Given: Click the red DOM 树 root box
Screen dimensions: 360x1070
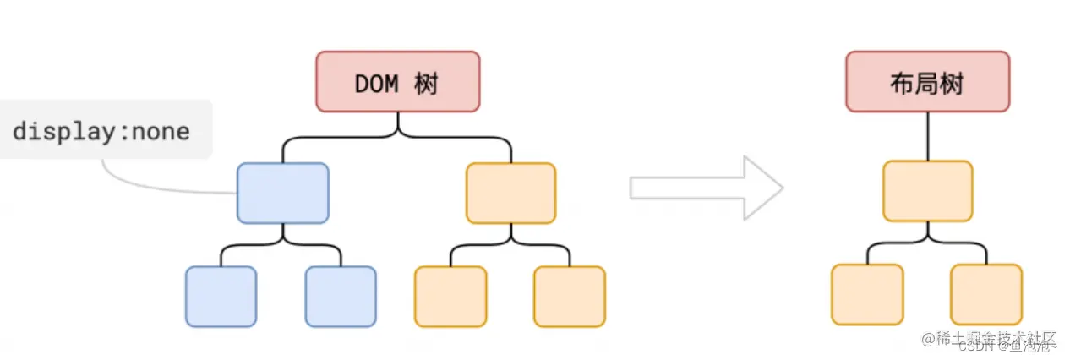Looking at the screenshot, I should click(x=398, y=81).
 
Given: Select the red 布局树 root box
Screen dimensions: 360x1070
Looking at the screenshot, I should click(x=927, y=81).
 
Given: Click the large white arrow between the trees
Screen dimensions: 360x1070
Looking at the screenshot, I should click(x=707, y=188).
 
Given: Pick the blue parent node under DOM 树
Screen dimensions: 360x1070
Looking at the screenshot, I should click(x=282, y=193).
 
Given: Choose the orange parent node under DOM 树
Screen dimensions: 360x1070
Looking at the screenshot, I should click(x=511, y=193).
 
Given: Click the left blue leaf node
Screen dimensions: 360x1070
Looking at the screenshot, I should click(x=221, y=296).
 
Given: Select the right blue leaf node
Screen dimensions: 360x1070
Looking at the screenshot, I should click(x=341, y=296).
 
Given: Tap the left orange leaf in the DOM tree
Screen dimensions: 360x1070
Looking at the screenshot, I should click(x=450, y=296).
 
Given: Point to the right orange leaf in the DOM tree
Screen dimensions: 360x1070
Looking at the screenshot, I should click(x=570, y=296).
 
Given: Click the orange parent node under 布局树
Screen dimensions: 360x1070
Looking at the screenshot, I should click(x=928, y=191).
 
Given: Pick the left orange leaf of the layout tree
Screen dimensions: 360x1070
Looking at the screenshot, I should click(x=867, y=294).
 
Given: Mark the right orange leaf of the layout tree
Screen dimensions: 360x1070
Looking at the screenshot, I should click(x=986, y=294).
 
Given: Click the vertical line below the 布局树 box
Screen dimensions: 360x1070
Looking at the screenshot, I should click(x=928, y=135).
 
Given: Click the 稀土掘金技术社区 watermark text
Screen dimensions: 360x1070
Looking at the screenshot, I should click(x=989, y=339).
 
